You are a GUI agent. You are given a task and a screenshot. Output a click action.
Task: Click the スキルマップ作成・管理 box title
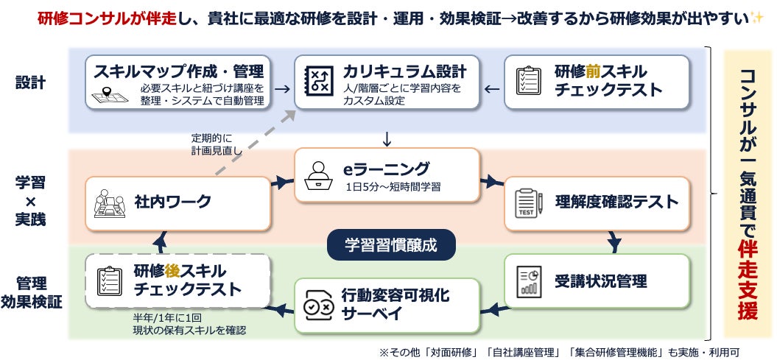[x=178, y=71]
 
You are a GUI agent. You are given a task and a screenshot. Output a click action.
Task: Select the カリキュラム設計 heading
[x=404, y=71]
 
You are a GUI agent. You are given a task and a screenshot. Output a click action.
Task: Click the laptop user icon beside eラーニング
[x=320, y=174]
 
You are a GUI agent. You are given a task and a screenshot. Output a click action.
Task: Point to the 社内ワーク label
[x=172, y=201]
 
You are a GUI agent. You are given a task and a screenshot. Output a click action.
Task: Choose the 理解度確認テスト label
[x=616, y=201]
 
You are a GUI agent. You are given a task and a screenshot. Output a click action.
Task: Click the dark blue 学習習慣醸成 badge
[x=390, y=245]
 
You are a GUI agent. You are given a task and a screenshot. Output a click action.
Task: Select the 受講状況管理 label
[x=600, y=280]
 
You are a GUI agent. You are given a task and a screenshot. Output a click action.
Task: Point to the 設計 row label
[x=30, y=82]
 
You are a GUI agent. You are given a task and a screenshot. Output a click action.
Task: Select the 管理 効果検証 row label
[x=31, y=292]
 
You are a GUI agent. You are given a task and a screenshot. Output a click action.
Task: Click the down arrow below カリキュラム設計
[x=387, y=138]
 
